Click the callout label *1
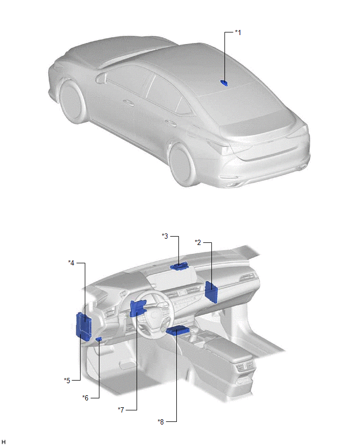(238, 32)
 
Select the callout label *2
(198, 242)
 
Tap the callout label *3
(165, 236)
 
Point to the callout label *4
(71, 263)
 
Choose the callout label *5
(67, 381)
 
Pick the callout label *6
(85, 398)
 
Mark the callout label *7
(121, 410)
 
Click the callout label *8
(161, 421)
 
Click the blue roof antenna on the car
(224, 83)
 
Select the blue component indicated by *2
(211, 292)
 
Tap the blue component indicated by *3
(179, 266)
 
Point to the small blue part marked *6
(99, 339)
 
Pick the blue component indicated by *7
(137, 308)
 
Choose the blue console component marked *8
(178, 330)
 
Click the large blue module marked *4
(84, 326)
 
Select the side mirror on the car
(100, 77)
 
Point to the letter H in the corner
(4, 441)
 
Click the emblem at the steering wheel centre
(154, 315)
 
